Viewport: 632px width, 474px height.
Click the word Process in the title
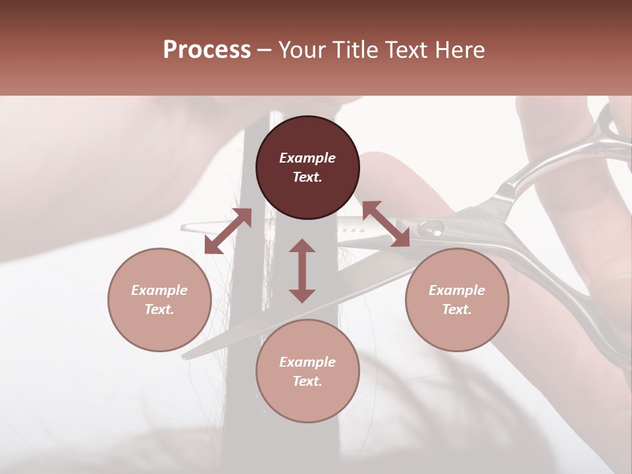coord(207,49)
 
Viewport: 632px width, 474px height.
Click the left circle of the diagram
coord(159,300)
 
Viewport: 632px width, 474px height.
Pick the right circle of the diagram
coord(457,300)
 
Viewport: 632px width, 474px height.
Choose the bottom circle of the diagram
coord(307,371)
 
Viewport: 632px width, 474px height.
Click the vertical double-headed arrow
coord(302,271)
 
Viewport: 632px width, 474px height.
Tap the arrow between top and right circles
coord(385,224)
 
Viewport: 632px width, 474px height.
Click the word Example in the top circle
coord(307,158)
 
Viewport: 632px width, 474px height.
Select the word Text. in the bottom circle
coord(307,381)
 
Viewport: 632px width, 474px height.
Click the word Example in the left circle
coord(159,290)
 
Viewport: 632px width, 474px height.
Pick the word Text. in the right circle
coord(457,309)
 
